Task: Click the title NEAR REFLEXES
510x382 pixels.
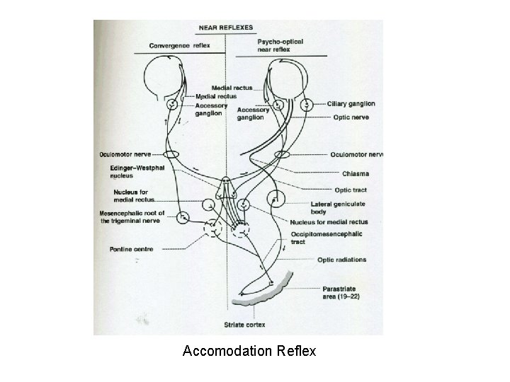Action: [227, 28]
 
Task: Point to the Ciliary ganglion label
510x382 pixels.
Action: [351, 104]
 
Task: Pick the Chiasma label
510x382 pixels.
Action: [344, 173]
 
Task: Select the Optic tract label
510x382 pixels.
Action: [350, 190]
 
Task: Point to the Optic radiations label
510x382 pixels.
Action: [341, 260]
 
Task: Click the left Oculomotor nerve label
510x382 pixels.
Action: [128, 154]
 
